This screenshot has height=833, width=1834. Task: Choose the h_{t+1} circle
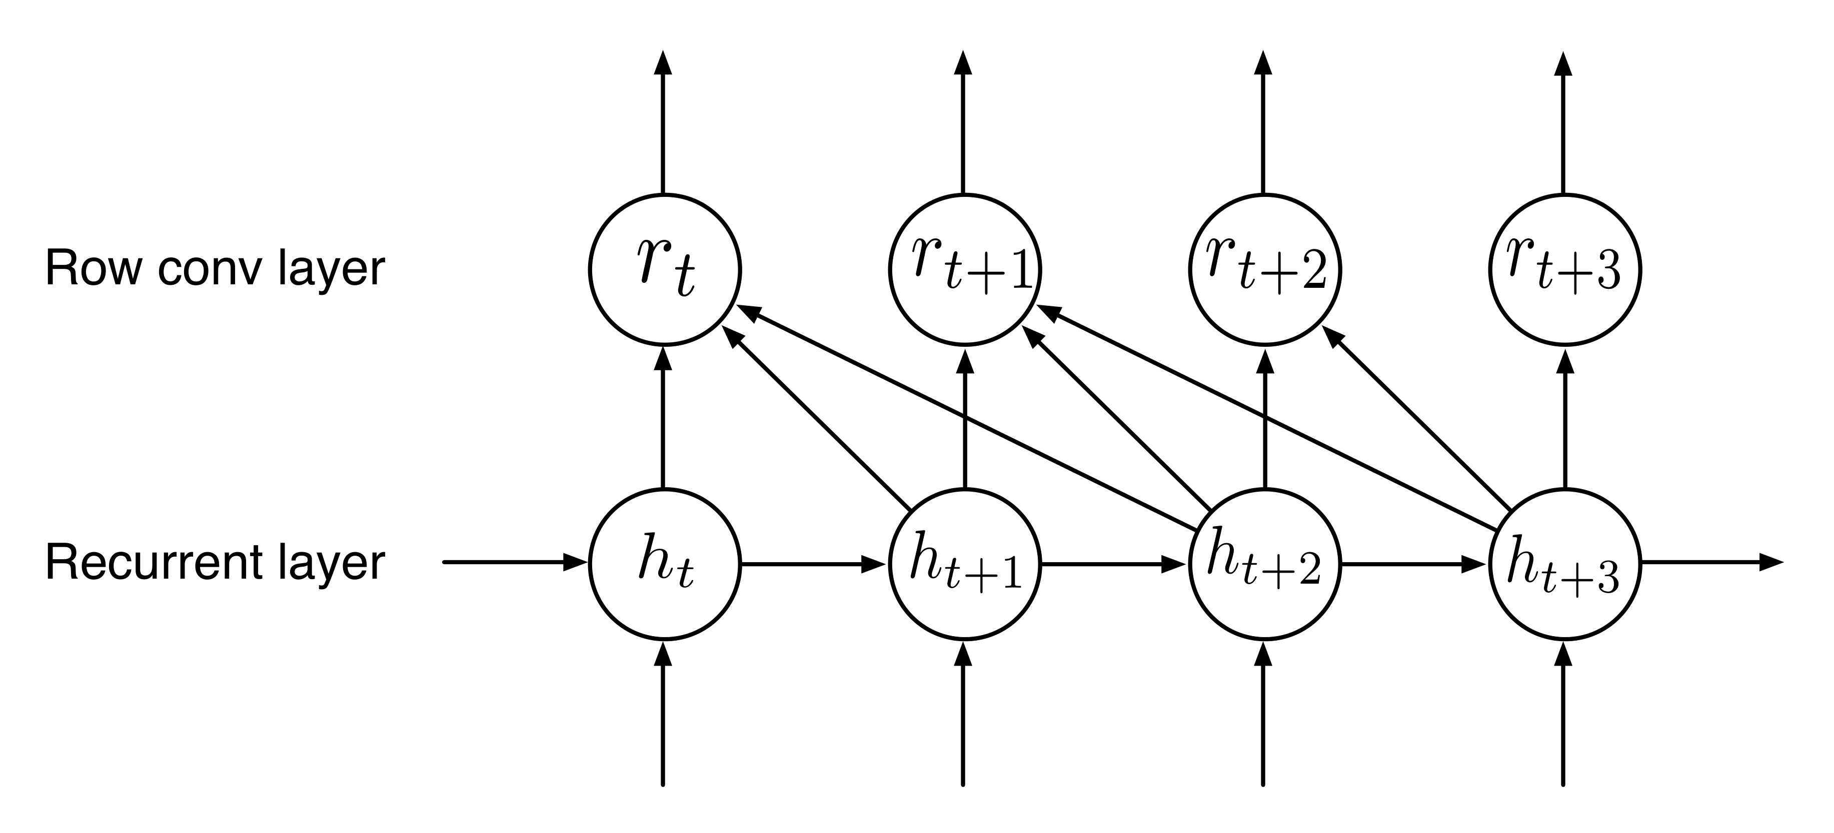point(965,564)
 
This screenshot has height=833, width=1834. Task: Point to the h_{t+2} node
point(1266,564)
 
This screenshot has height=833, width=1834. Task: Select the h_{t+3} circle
point(1565,564)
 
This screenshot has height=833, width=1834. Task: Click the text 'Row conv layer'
point(215,269)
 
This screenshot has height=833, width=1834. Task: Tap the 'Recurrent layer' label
point(215,563)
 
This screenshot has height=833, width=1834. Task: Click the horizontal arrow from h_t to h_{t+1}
point(815,564)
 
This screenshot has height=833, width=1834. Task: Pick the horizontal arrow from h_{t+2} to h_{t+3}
point(1416,564)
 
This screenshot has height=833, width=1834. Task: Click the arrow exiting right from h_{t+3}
point(1713,563)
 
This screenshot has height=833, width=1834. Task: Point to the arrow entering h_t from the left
point(516,563)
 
